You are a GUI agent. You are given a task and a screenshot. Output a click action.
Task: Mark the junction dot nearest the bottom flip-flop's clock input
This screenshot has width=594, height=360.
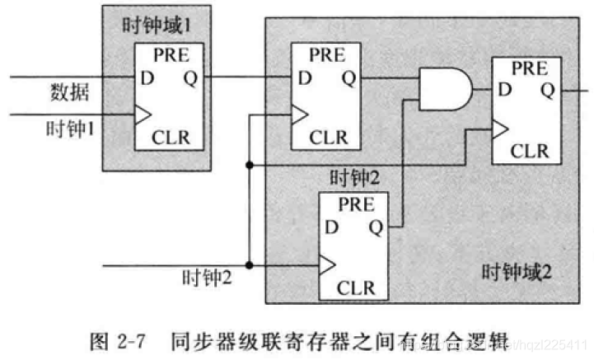[248, 264]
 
